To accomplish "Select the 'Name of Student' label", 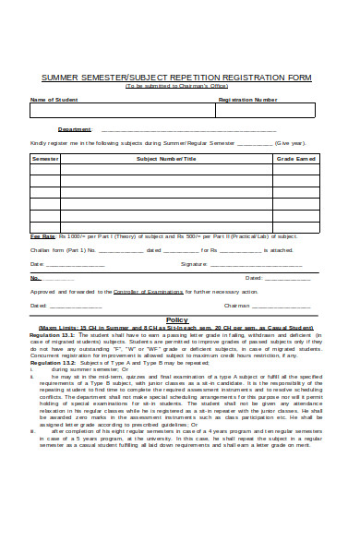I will (x=54, y=99).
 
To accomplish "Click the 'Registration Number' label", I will (x=247, y=99).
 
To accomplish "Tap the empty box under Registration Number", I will (x=267, y=111).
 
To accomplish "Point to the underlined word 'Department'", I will (x=75, y=129).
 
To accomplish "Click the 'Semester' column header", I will (x=46, y=159).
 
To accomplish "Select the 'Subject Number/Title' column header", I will (x=167, y=159).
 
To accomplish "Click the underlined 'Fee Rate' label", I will (x=42, y=237).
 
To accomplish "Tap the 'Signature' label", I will (x=194, y=263).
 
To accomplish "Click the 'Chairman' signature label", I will (x=237, y=304).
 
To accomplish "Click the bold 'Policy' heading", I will (x=176, y=319).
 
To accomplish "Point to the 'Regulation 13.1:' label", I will (x=52, y=334).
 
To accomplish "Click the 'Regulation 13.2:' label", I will (x=52, y=363).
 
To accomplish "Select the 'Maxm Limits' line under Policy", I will (x=176, y=327).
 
